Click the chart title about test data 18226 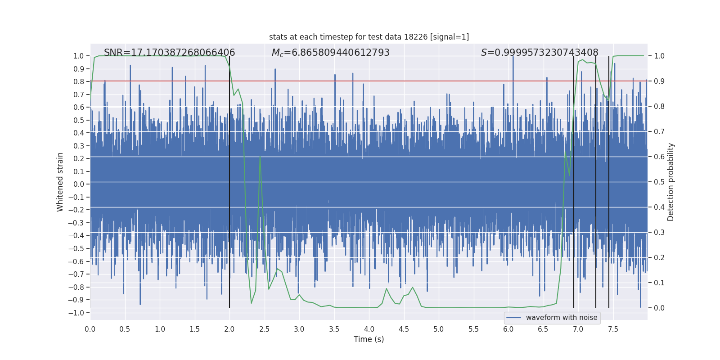[369, 37]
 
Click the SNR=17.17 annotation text [169, 53]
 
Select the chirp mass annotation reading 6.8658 [330, 53]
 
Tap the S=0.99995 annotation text [539, 53]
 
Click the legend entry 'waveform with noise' [561, 318]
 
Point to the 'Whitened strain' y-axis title [60, 182]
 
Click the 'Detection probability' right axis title [670, 182]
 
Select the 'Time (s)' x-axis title [369, 339]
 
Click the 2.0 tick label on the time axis [229, 329]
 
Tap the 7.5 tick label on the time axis [612, 329]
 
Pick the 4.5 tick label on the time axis [404, 329]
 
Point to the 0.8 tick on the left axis [79, 81]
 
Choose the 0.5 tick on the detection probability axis [659, 182]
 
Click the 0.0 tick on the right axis [659, 308]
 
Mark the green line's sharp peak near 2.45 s [260, 157]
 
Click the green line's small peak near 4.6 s [412, 287]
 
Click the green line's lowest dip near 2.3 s [251, 303]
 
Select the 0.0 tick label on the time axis [90, 329]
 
